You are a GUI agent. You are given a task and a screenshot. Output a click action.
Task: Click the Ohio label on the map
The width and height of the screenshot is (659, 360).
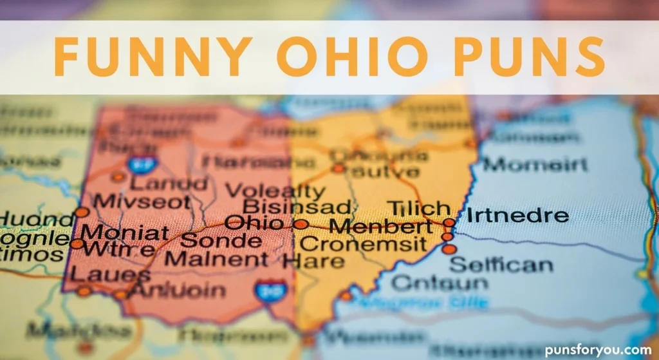[x=254, y=223]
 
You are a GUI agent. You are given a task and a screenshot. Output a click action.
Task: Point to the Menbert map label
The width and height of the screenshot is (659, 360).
[x=380, y=227]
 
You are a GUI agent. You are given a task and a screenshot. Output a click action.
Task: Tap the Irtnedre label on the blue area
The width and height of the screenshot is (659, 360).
[x=517, y=215]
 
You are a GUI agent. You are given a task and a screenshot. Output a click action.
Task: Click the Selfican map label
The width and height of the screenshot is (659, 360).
[x=501, y=264]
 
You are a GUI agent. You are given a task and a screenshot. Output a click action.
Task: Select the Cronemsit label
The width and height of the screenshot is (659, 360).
[x=363, y=244]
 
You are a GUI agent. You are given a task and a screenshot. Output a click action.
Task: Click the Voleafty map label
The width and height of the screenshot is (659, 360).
[x=276, y=191]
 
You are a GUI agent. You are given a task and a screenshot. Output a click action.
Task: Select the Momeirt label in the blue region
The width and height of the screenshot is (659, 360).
[x=535, y=164]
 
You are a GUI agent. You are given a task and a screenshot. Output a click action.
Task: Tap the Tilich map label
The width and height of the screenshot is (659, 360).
[x=418, y=208]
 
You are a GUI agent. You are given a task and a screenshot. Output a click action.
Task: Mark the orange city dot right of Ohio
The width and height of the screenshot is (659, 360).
[x=301, y=224]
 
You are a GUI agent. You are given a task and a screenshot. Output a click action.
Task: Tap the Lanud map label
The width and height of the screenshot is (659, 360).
[x=169, y=183]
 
